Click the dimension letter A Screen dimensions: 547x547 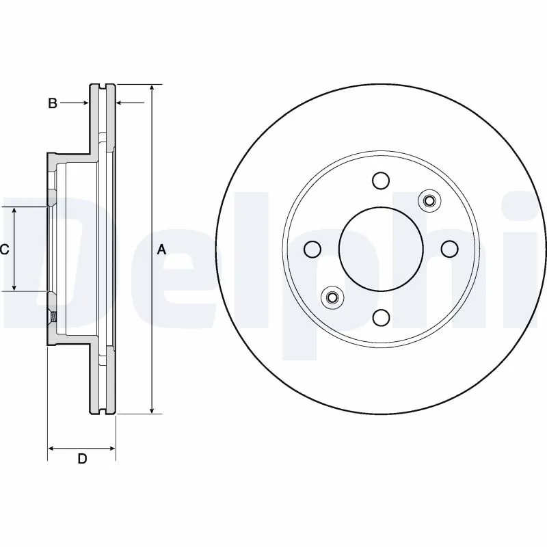[162, 250]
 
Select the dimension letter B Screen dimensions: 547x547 [52, 104]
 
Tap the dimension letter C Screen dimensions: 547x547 [4, 250]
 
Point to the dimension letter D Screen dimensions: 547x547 [82, 459]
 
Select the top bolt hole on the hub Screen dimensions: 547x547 [381, 181]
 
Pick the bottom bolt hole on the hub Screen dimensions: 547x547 [381, 317]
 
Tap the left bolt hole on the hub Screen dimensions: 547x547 [312, 249]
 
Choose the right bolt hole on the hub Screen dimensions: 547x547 [449, 249]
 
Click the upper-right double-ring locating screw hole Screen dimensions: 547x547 [429, 200]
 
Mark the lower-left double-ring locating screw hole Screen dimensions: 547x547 [332, 297]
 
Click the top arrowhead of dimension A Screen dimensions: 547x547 [152, 89]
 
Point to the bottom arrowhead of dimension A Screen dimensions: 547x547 [152, 410]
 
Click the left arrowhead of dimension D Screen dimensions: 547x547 [51, 449]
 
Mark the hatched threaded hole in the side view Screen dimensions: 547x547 [52, 317]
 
